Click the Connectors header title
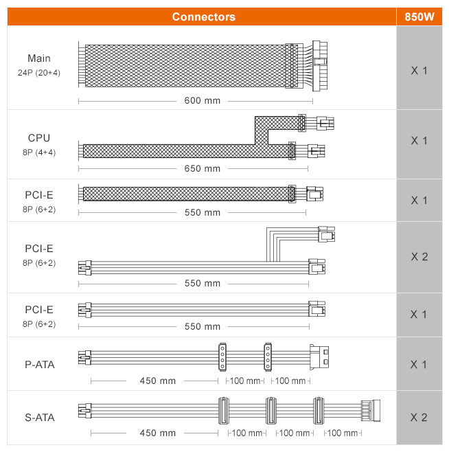[x=203, y=16]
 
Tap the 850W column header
[x=419, y=16]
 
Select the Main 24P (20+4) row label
[x=39, y=65]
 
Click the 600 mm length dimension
[x=203, y=100]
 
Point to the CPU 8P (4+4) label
[x=39, y=145]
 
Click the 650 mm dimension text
[x=203, y=168]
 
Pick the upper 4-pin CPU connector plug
[x=325, y=123]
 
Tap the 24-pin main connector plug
[x=320, y=66]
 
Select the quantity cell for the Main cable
[x=419, y=70]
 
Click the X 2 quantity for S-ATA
[x=419, y=418]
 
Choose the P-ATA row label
[x=40, y=365]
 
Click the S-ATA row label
[x=40, y=418]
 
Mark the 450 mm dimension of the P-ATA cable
[x=158, y=381]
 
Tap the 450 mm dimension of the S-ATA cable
[x=158, y=433]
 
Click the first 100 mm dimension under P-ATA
[x=245, y=381]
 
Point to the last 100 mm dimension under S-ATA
[x=343, y=433]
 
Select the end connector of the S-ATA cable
[x=371, y=411]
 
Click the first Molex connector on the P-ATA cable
[x=222, y=357]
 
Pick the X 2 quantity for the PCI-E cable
[x=419, y=256]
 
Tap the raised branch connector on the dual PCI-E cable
[x=327, y=234]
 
